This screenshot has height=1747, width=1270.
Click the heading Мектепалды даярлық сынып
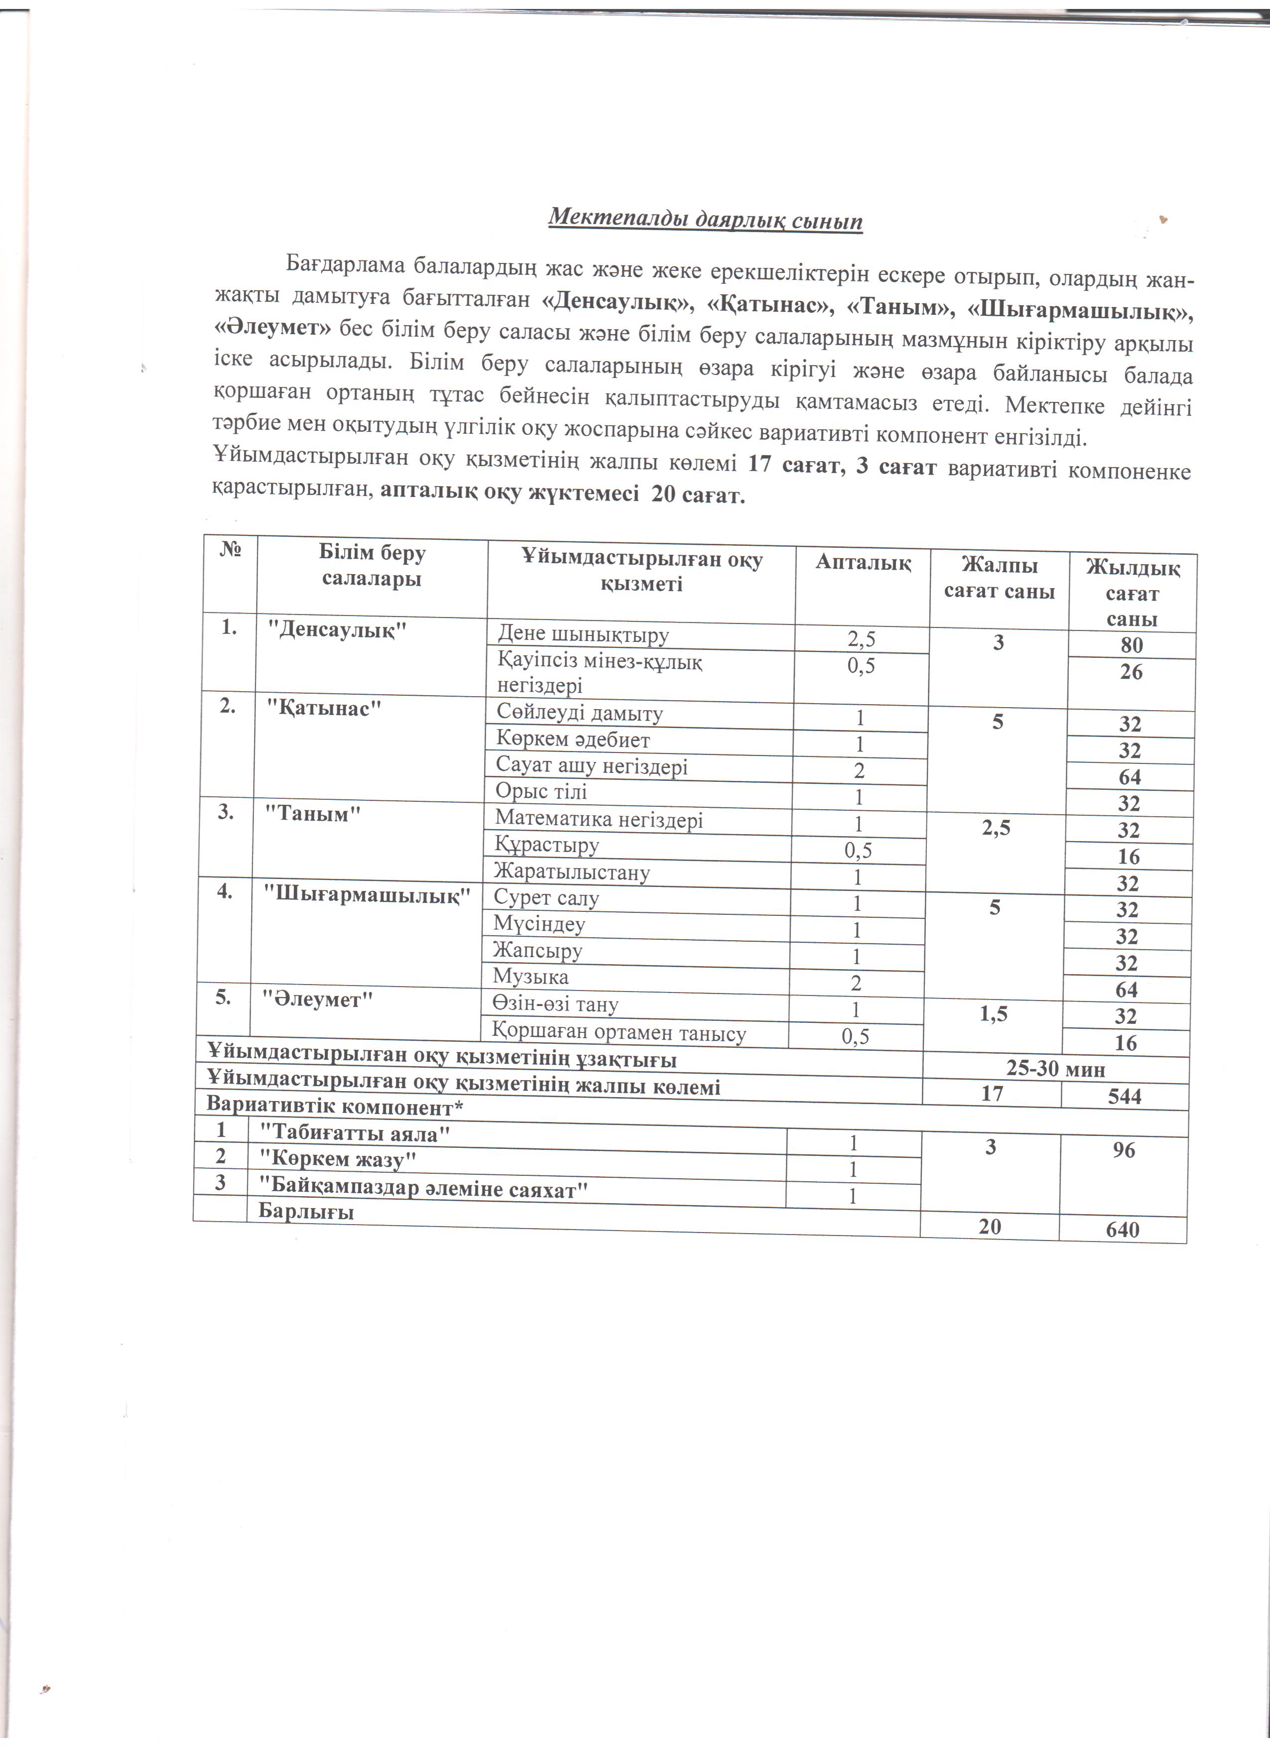pyautogui.click(x=705, y=220)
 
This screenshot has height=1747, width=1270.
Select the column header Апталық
pyautogui.click(x=863, y=563)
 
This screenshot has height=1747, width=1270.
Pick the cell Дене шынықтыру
pyautogui.click(x=584, y=635)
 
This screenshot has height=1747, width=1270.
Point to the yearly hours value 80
pyautogui.click(x=1132, y=645)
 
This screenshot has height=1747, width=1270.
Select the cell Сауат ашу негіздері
pyautogui.click(x=592, y=766)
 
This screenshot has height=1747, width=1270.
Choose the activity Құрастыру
pyautogui.click(x=547, y=845)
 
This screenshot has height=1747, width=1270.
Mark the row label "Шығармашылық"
pyautogui.click(x=367, y=895)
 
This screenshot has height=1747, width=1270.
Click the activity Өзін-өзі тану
pyautogui.click(x=555, y=1004)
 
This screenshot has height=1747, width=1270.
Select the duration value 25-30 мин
pyautogui.click(x=1055, y=1069)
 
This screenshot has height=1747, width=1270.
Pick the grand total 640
pyautogui.click(x=1122, y=1230)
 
